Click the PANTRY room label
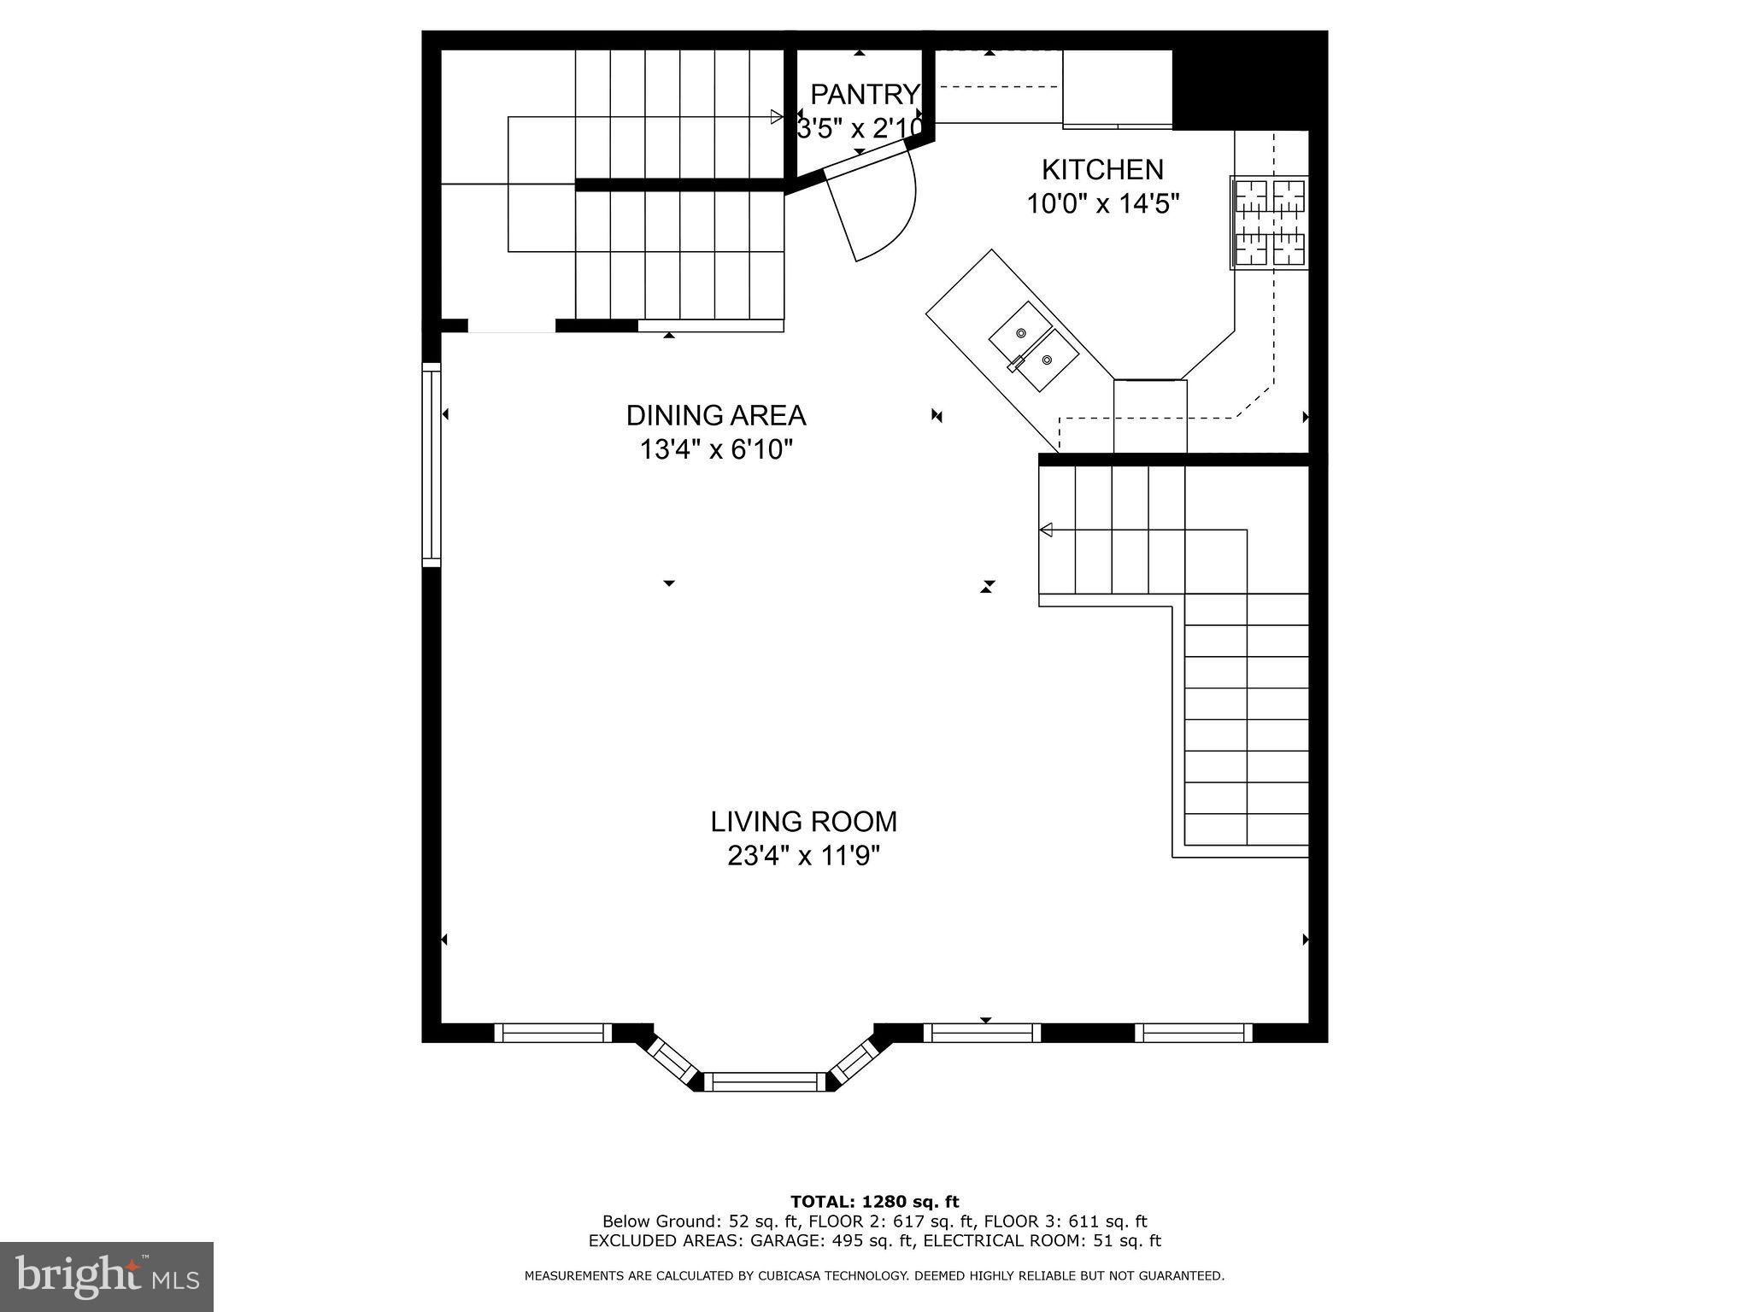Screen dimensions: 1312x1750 [864, 93]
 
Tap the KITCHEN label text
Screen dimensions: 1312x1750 [1102, 170]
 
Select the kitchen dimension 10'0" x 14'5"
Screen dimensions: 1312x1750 [1102, 204]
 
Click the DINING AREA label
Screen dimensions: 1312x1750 [716, 416]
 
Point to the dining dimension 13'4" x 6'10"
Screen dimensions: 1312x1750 [716, 449]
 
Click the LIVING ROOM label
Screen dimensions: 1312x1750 [803, 822]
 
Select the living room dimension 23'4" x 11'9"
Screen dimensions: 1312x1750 [803, 855]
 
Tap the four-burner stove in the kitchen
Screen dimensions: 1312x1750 [1270, 222]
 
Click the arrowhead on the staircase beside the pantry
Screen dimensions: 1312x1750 [776, 117]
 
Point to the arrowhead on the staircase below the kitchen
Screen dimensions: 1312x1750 [1045, 531]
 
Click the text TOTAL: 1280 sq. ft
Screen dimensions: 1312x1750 [874, 1202]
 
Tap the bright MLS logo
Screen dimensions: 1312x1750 [107, 1276]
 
